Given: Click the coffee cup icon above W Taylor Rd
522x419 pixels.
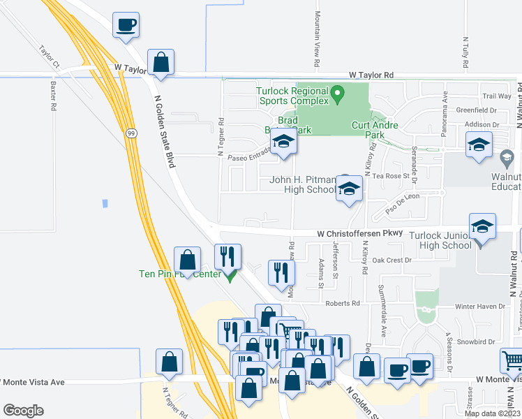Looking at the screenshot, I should pos(126,25).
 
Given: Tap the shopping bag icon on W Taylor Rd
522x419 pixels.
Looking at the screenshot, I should pos(161,62).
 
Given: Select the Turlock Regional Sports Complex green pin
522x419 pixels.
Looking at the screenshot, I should pos(338,92).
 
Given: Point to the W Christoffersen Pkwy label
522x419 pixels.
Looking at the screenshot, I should pos(359,233).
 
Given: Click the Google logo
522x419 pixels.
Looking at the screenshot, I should pos(23,411).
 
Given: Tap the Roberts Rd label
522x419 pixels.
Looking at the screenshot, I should pos(346,304).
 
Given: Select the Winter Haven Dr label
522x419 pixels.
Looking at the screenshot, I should pos(479,307).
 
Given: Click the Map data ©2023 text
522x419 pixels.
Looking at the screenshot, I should pos(492,413).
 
